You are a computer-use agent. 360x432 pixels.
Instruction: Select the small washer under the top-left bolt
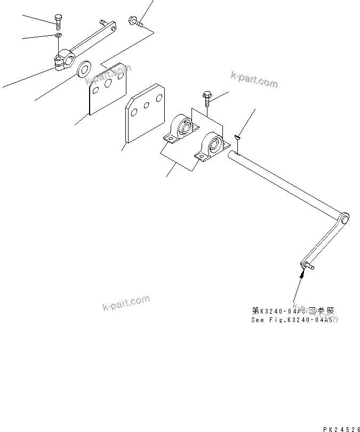[x=57, y=36]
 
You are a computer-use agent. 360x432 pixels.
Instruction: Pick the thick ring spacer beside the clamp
[x=84, y=69]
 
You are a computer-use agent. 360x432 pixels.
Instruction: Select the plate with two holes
[x=144, y=114]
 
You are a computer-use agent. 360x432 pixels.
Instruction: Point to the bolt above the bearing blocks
[x=207, y=98]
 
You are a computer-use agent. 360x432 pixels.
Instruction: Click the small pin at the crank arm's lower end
[x=308, y=265]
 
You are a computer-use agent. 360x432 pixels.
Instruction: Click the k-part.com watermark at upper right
[x=254, y=79]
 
